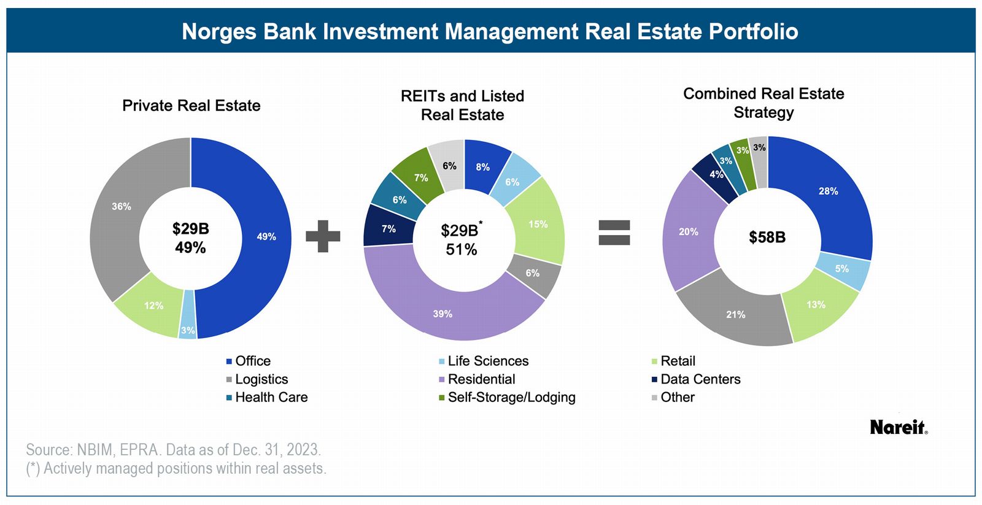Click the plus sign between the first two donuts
click(323, 236)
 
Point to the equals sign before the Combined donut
click(614, 233)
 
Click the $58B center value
click(767, 237)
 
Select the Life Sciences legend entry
click(488, 361)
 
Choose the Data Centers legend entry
click(700, 379)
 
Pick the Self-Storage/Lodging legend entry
click(511, 398)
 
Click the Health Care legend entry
click(271, 398)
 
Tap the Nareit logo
click(898, 428)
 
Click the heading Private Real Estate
click(191, 106)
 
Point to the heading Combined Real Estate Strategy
click(764, 103)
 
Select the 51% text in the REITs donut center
click(462, 250)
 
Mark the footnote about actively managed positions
click(176, 469)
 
